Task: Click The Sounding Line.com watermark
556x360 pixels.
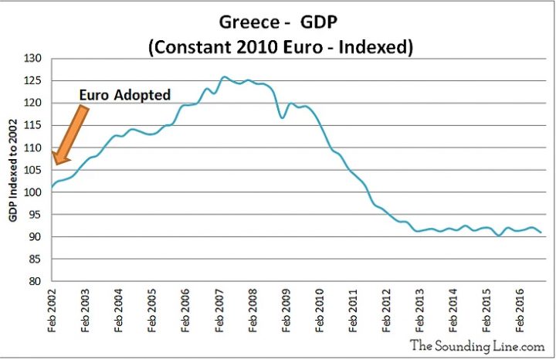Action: click(x=476, y=345)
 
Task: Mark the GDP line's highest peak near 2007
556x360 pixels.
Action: click(x=224, y=76)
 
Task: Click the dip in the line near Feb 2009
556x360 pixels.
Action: click(x=283, y=117)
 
